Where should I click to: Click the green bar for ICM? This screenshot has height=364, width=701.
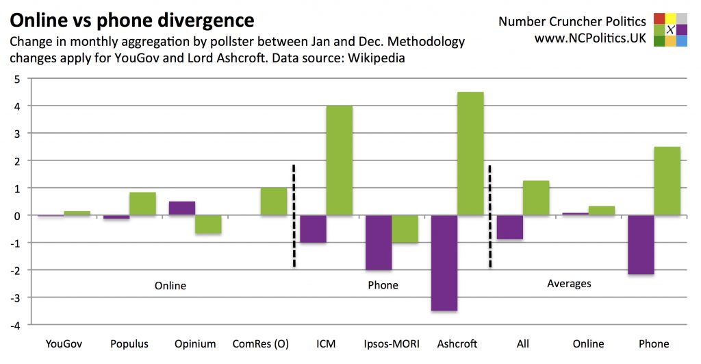pos(339,160)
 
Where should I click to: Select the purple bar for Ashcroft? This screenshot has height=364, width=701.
pos(444,263)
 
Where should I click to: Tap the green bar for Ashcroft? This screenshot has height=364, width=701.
pos(470,154)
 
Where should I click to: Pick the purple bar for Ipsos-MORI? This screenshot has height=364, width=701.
pos(378,242)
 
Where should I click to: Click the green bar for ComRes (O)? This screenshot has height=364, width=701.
pos(273,202)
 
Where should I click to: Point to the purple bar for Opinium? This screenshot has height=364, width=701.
pos(181,208)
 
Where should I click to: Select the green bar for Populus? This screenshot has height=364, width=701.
pos(142,204)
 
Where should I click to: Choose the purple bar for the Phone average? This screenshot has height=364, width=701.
pos(640,245)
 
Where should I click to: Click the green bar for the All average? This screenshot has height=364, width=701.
pos(535,198)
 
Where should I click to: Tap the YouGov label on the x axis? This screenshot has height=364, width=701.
pos(64,343)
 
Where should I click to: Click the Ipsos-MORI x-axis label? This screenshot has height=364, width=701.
pos(392,343)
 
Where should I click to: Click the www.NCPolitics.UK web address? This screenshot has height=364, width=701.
pos(590,39)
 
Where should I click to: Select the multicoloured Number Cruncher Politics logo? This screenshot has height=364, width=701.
pos(670,29)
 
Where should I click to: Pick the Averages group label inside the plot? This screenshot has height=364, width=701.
pos(569,283)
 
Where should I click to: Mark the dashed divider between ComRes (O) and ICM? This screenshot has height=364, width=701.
pos(294,215)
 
